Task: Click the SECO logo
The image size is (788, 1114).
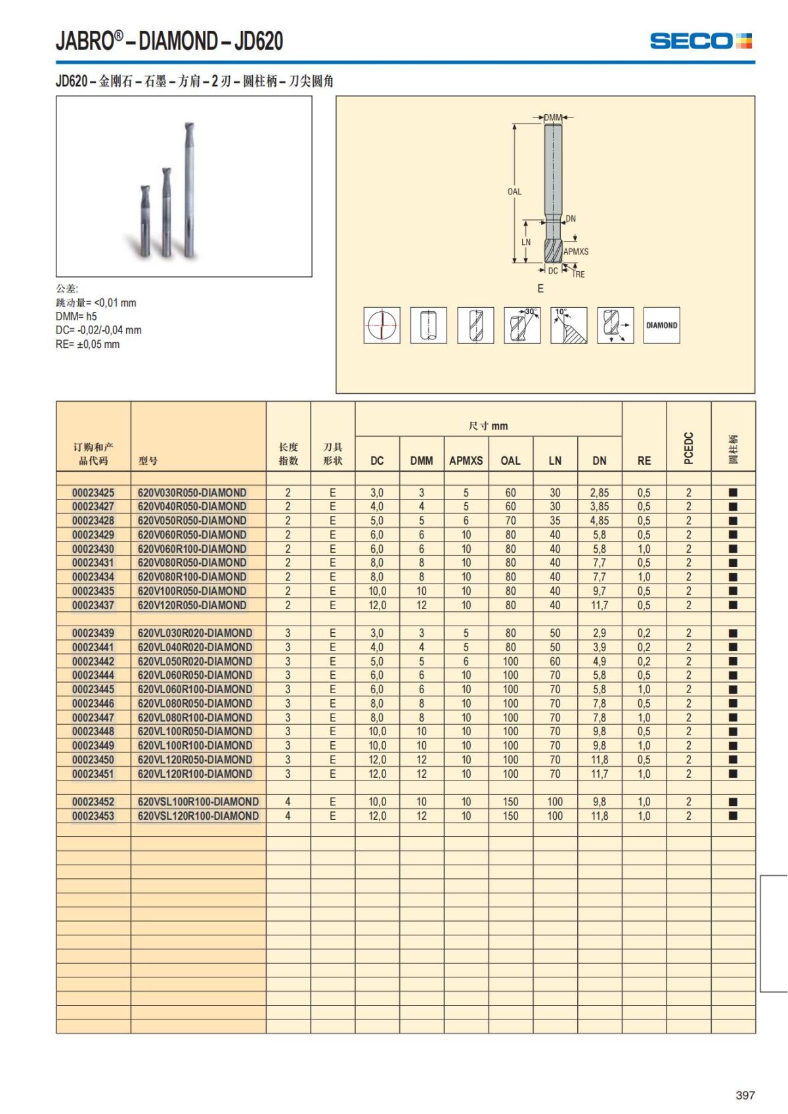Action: (700, 41)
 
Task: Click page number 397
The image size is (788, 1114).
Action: (745, 1095)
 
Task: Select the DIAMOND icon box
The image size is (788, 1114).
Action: (661, 325)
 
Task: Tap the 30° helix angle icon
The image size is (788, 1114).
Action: (522, 325)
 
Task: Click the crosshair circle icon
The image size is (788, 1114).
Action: (382, 325)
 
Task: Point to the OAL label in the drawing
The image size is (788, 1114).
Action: (514, 192)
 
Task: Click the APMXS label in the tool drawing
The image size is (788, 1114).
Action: (576, 251)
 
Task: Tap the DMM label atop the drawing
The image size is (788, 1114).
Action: (553, 118)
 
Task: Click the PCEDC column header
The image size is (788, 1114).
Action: (688, 448)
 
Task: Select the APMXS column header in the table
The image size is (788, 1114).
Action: (466, 461)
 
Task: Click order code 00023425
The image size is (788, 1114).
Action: (93, 492)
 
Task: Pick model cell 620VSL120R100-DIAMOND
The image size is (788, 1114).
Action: (198, 816)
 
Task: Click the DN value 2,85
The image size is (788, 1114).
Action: (599, 492)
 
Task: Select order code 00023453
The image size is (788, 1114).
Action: (93, 816)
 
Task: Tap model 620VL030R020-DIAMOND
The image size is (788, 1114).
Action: (195, 633)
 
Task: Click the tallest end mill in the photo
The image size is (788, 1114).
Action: (189, 190)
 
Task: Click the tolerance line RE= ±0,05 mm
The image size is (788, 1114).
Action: (87, 345)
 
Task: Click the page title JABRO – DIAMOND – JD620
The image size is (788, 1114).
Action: (169, 41)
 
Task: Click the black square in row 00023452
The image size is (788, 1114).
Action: (733, 802)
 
